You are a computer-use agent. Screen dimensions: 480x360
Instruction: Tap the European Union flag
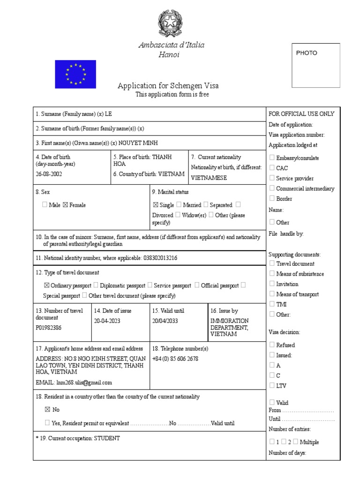point(75,74)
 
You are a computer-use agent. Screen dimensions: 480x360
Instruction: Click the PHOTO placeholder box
point(315,65)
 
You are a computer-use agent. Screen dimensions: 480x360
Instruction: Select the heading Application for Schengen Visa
point(168,86)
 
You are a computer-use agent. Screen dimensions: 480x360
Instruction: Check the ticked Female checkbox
point(65,205)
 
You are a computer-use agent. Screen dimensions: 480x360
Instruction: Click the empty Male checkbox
point(45,205)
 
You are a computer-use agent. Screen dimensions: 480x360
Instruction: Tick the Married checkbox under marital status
point(179,205)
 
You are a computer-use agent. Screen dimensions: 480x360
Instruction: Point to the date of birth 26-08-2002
point(49,174)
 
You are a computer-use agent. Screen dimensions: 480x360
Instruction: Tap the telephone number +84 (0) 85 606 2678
point(175,359)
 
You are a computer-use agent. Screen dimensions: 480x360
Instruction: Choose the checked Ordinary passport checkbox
point(46,285)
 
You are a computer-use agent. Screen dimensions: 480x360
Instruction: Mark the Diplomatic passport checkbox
point(96,285)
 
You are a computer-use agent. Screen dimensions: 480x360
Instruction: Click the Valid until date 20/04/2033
point(165,321)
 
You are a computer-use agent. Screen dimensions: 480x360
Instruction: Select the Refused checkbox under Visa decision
point(272,345)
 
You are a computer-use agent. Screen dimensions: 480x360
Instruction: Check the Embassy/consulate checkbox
point(272,158)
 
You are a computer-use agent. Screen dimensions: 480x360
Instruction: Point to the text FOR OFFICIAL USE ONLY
point(301,114)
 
